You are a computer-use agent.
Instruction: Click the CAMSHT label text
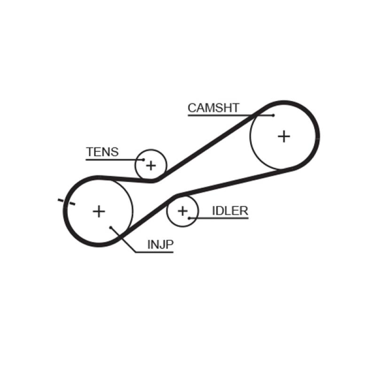click(213, 108)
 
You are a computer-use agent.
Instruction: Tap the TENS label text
click(102, 152)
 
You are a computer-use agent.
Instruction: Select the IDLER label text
click(230, 211)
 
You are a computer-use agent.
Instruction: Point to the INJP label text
click(161, 244)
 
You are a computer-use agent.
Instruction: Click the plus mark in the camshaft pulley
click(284, 136)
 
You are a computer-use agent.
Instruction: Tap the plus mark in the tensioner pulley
click(151, 165)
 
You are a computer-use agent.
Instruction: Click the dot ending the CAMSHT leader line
click(273, 115)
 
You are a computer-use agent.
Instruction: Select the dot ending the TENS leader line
click(143, 160)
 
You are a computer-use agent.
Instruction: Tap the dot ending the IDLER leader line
click(189, 218)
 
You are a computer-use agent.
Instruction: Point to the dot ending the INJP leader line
click(111, 227)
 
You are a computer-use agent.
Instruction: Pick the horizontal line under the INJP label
click(155, 252)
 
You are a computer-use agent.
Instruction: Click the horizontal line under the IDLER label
click(221, 218)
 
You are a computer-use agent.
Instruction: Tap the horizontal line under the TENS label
click(113, 160)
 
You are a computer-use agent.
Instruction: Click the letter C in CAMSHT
click(192, 108)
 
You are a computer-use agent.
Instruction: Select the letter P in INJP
click(170, 244)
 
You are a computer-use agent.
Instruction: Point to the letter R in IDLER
click(243, 211)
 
